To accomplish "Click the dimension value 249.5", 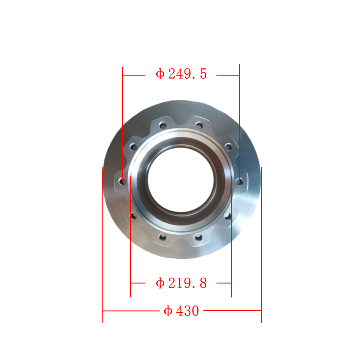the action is (x=187, y=74).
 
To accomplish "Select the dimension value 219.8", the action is (x=187, y=283).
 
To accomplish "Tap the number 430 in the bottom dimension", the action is (x=188, y=311).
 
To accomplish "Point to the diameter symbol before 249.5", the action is (x=160, y=74).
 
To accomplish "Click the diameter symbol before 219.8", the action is (x=160, y=283).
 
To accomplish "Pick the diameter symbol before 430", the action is (x=168, y=311).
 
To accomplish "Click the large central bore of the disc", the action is (x=181, y=180).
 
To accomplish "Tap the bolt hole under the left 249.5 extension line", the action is (x=122, y=181).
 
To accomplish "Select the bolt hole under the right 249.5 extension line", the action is (x=239, y=182).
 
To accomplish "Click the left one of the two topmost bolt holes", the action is (x=163, y=126).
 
